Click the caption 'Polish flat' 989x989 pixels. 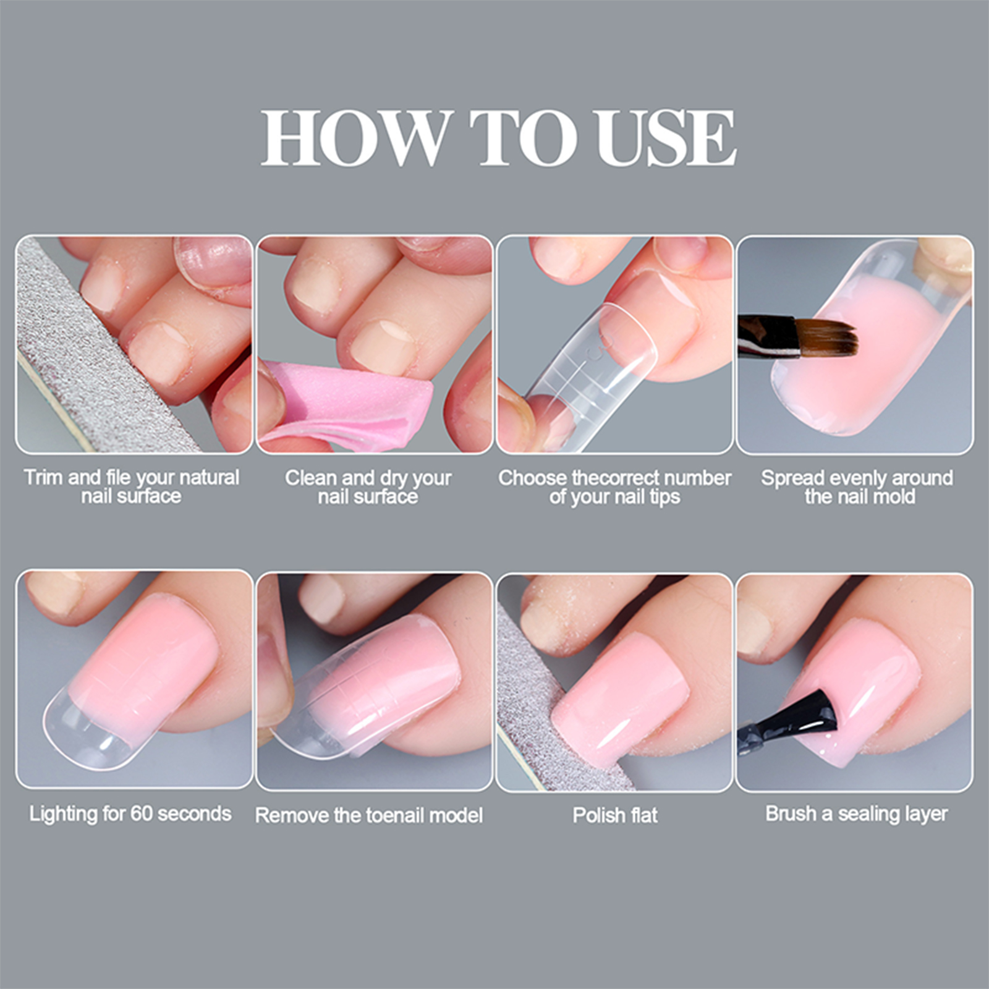[x=615, y=815]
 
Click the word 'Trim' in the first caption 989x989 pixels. [x=43, y=478]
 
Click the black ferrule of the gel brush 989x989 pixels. [x=766, y=336]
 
